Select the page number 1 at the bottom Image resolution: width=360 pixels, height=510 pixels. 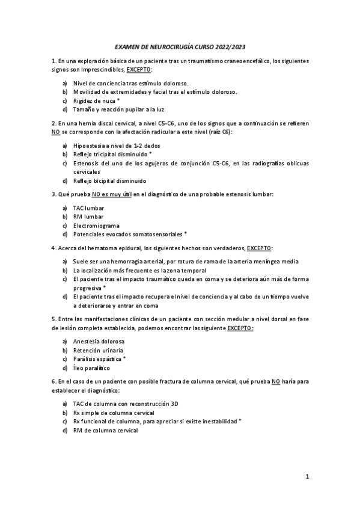[x=307, y=477]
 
